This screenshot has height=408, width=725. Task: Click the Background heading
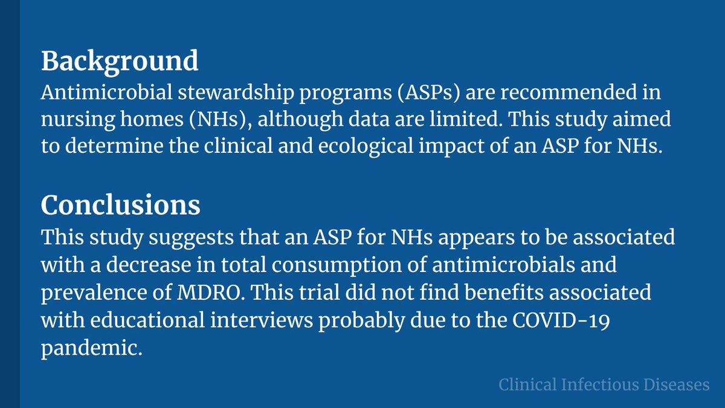point(120,61)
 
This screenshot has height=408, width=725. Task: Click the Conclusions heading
point(121,206)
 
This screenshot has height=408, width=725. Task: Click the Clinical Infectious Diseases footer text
point(604,384)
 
